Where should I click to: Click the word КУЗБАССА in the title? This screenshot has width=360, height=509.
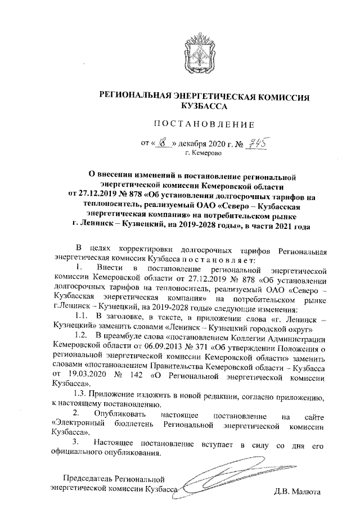pos(204,106)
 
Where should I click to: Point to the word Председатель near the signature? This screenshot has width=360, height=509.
pos(88,479)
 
